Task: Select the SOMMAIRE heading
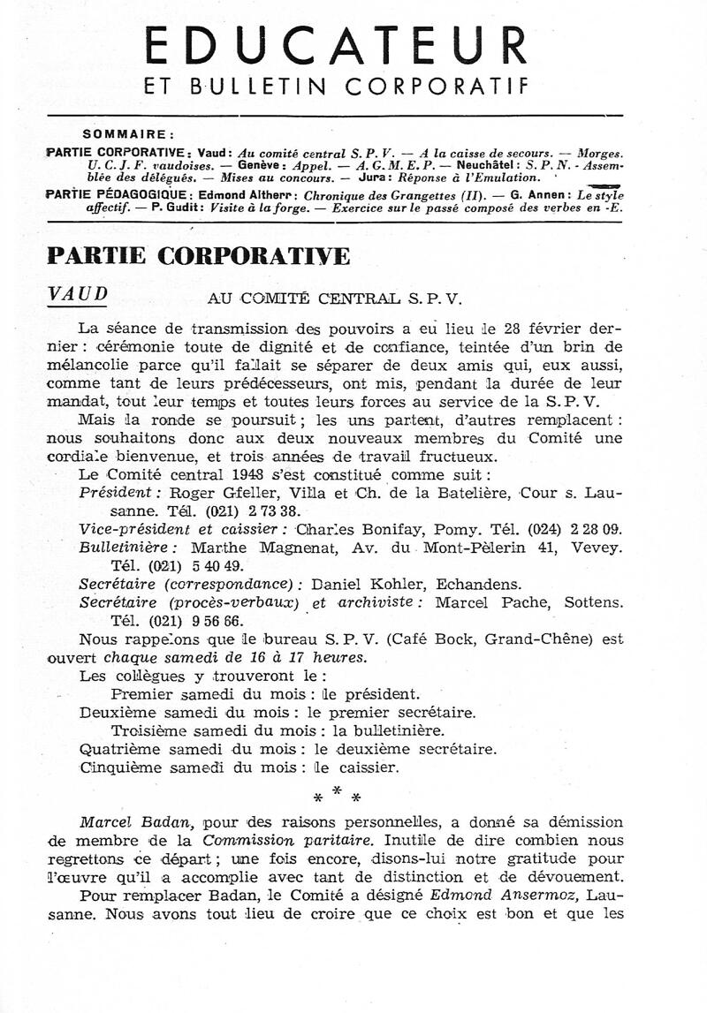[x=127, y=135]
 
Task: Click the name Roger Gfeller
[x=213, y=493]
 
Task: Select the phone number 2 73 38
[x=268, y=510]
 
